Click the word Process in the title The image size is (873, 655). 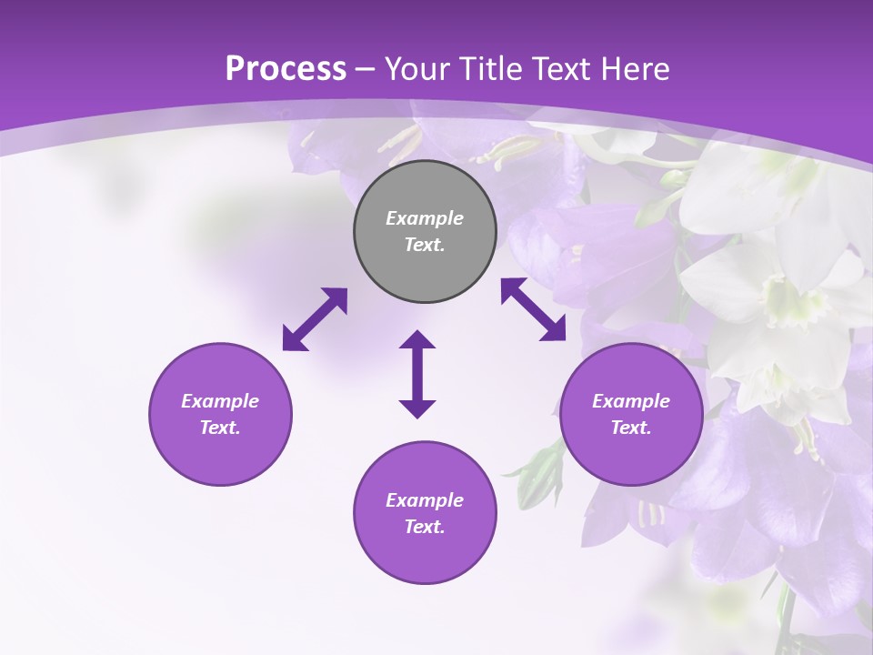click(x=286, y=69)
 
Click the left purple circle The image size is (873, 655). click(x=220, y=414)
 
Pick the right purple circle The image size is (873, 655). click(x=631, y=414)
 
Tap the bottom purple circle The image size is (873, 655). click(x=425, y=512)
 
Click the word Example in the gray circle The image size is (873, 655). click(x=425, y=218)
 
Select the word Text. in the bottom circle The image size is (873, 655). click(x=425, y=527)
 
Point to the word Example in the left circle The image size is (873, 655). click(x=220, y=401)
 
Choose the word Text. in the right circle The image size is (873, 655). click(x=631, y=428)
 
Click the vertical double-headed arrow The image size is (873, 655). click(x=417, y=374)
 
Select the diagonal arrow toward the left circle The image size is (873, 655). click(x=315, y=319)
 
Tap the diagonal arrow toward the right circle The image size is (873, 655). click(x=534, y=309)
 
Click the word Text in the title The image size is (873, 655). click(x=569, y=69)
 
